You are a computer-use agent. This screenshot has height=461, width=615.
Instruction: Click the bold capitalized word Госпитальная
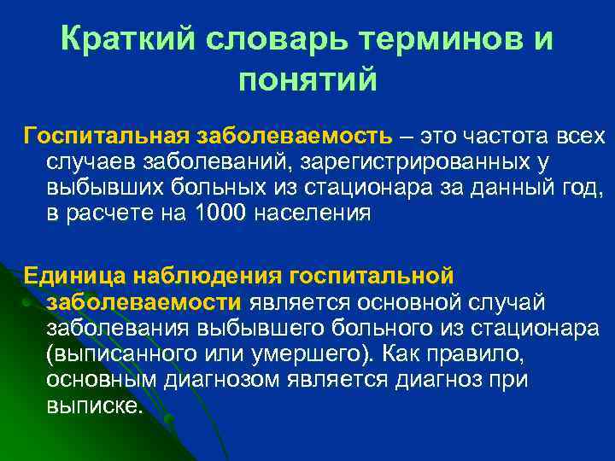pos(108,137)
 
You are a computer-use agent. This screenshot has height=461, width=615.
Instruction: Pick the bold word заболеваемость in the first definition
pos(296,137)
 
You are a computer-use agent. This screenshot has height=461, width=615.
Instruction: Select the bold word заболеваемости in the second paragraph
pos(146,302)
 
